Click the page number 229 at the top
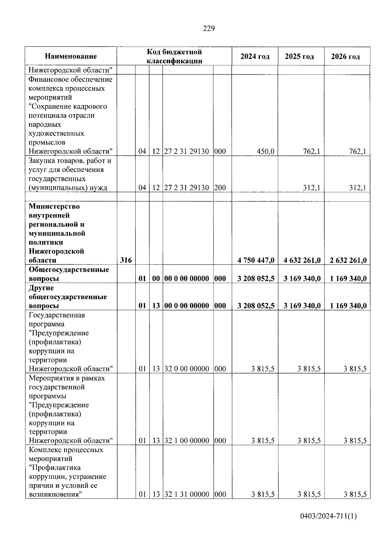tap(209, 29)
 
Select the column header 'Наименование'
tap(71, 56)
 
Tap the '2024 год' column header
tap(255, 56)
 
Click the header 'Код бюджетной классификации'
tap(174, 56)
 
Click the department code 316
tap(126, 260)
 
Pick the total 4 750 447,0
tap(256, 260)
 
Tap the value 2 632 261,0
tap(348, 260)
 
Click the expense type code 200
tap(220, 188)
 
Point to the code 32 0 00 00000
tap(187, 369)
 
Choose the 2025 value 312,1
tap(311, 188)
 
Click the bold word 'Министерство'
tap(54, 206)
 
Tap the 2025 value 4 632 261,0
tap(302, 260)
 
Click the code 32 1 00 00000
tap(187, 440)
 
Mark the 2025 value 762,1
tap(311, 151)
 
